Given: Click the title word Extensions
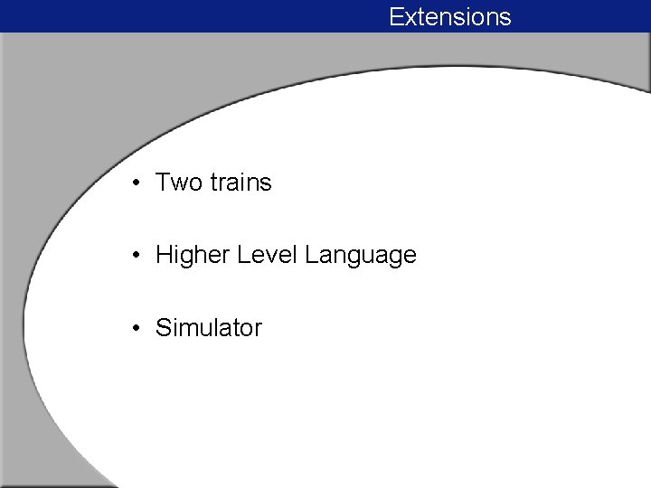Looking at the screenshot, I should tap(450, 17).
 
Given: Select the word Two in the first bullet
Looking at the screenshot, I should tap(179, 183).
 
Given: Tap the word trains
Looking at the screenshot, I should tap(241, 183).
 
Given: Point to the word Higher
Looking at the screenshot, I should tap(192, 256).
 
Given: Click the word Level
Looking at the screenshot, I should tap(268, 256).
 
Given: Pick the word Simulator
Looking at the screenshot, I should tap(209, 328).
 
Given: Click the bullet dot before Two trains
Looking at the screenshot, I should tap(134, 183).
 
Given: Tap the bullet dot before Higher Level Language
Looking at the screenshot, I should tap(134, 257).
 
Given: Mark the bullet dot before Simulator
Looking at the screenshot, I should tap(134, 329).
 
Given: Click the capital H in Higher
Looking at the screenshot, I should tap(165, 256).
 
